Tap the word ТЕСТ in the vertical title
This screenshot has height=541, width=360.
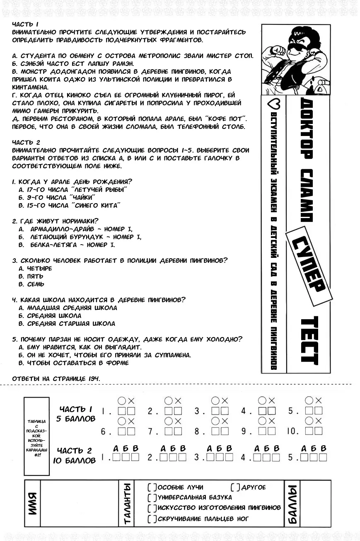(309, 341)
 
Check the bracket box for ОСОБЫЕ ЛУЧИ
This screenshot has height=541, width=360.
(152, 488)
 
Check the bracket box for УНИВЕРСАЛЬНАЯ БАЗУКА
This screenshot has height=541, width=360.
(152, 497)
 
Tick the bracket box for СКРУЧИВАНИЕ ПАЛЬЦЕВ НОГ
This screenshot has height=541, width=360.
(152, 519)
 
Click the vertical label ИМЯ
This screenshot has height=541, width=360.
(33, 503)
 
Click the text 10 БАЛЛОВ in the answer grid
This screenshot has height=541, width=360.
(75, 460)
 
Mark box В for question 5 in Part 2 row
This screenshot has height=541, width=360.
(323, 458)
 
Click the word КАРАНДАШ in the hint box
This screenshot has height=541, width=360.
(36, 449)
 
